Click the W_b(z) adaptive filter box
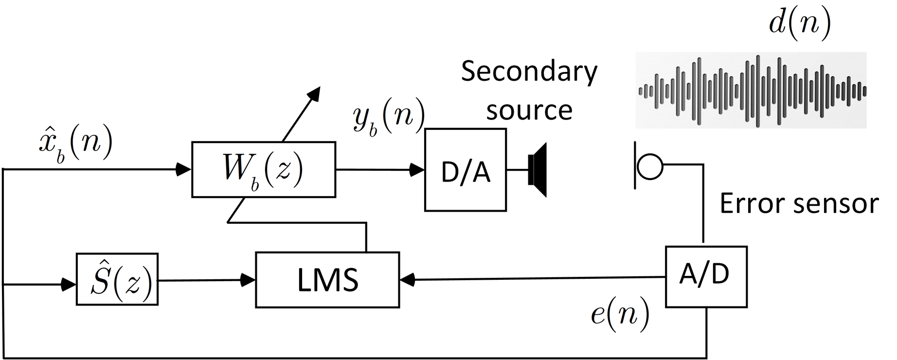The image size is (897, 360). pyautogui.click(x=263, y=169)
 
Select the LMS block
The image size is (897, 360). pyautogui.click(x=327, y=280)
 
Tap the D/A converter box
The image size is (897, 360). pyautogui.click(x=466, y=170)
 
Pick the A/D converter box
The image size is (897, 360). pyautogui.click(x=706, y=276)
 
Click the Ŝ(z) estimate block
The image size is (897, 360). pyautogui.click(x=117, y=279)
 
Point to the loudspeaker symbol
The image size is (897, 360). pyautogui.click(x=538, y=170)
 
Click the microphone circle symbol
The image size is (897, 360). pyautogui.click(x=650, y=166)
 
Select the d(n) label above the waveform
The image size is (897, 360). pyautogui.click(x=800, y=24)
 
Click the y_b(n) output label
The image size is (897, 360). pyautogui.click(x=389, y=118)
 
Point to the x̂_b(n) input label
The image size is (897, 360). pyautogui.click(x=75, y=145)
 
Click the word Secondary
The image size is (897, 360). pyautogui.click(x=529, y=72)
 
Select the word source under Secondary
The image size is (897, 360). pyautogui.click(x=529, y=110)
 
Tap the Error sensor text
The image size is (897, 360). pyautogui.click(x=799, y=203)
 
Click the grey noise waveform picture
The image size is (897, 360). pyautogui.click(x=752, y=90)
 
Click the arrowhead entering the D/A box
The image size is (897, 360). pyautogui.click(x=417, y=170)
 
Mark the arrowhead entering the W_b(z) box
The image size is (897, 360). pyautogui.click(x=184, y=169)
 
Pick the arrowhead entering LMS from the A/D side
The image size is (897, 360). pyautogui.click(x=407, y=279)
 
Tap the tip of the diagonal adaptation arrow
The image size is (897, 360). pyautogui.click(x=318, y=90)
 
